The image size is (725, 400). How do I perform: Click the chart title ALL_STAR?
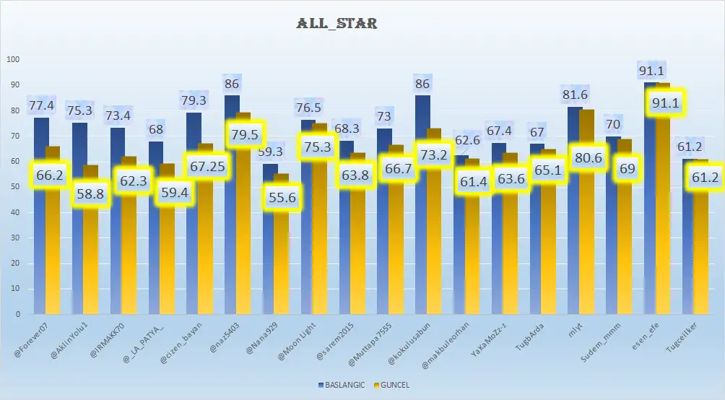click(x=336, y=23)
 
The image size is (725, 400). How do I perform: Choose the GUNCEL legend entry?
click(x=391, y=385)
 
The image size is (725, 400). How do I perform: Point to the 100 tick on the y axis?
click(x=10, y=60)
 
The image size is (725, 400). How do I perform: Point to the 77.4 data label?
click(x=41, y=106)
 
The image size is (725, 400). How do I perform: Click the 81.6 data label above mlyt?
click(x=576, y=95)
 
